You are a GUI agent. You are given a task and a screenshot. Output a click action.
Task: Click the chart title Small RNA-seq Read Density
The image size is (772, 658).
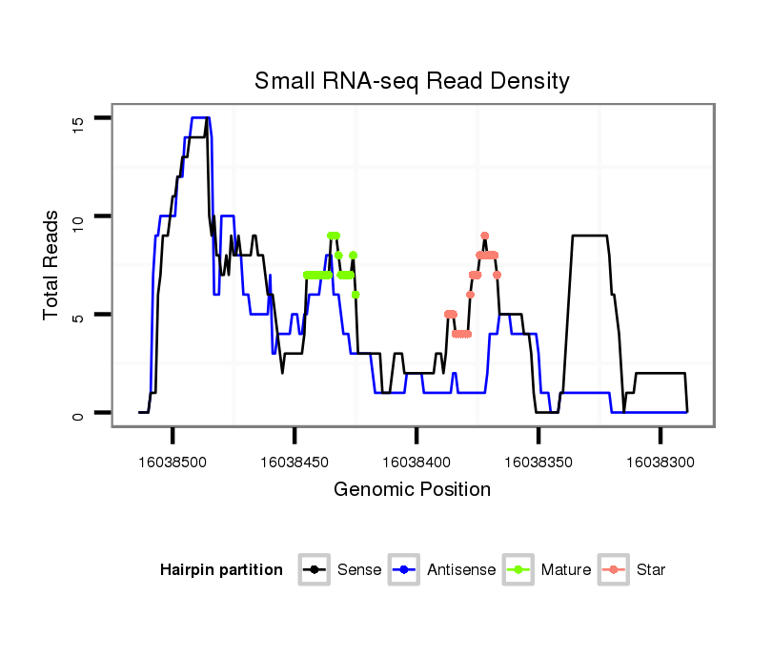412,81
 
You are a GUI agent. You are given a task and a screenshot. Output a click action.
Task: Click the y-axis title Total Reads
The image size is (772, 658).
52,265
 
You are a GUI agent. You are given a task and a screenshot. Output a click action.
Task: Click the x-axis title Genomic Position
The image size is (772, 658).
412,490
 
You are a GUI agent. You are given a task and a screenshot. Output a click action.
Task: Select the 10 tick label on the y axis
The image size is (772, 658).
77,216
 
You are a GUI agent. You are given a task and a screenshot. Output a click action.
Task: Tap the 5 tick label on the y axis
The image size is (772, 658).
77,315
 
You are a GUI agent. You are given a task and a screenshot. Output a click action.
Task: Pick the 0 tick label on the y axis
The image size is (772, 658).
77,413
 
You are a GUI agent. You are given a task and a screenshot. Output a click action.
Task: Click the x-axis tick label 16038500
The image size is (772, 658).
173,462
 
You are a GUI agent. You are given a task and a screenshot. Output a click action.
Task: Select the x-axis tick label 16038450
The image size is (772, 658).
295,462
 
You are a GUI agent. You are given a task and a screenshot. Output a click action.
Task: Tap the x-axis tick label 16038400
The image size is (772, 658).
416,462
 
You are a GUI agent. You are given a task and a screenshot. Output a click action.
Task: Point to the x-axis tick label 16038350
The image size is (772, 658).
538,462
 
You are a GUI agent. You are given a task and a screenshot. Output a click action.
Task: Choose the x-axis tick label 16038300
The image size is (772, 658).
660,462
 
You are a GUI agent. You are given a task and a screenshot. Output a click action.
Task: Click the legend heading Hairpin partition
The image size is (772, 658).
221,570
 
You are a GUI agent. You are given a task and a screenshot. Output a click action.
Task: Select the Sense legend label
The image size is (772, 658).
359,570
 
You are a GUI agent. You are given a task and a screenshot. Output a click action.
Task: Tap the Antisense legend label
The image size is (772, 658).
461,570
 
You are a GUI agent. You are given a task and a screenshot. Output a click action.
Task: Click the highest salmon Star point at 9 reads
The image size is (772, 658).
485,236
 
